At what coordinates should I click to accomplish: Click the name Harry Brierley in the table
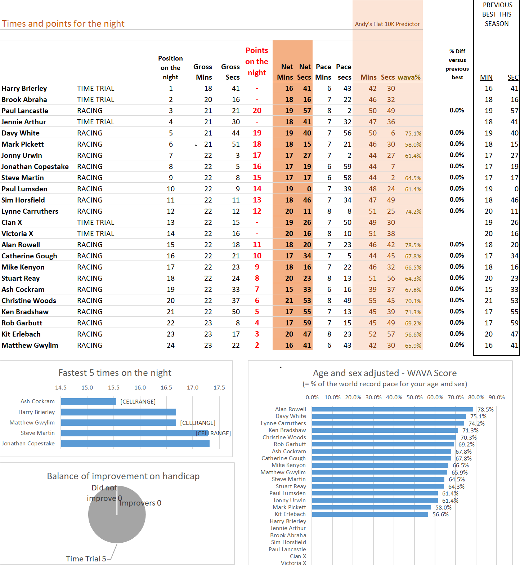[x=24, y=89]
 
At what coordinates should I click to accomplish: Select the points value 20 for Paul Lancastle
[x=257, y=111]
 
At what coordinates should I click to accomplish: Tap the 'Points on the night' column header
[x=257, y=62]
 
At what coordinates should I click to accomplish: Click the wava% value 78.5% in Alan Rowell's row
[x=413, y=245]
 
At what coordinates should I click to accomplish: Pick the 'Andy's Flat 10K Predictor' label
[x=387, y=24]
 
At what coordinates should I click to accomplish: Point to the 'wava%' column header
[x=409, y=77]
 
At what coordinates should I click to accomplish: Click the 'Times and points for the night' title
[x=63, y=24]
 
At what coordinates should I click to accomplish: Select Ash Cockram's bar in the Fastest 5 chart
[x=89, y=401]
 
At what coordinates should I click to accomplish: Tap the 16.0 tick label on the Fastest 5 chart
[x=140, y=388]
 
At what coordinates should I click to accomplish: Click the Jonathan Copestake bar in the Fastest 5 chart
[x=135, y=444]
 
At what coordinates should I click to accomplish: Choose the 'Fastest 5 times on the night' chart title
[x=115, y=373]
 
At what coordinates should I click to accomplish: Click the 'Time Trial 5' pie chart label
[x=86, y=559]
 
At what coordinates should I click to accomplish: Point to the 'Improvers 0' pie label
[x=140, y=503]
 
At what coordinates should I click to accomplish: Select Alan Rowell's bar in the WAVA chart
[x=393, y=409]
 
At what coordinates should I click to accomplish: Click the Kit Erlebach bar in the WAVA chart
[x=370, y=515]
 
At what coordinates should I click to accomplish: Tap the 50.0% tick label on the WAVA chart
[x=414, y=397]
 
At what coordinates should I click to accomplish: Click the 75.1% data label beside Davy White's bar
[x=478, y=417]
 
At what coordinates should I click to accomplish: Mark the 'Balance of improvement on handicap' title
[x=123, y=476]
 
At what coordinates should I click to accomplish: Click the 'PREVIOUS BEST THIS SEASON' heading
[x=497, y=14]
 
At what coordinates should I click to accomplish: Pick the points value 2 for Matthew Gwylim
[x=257, y=345]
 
